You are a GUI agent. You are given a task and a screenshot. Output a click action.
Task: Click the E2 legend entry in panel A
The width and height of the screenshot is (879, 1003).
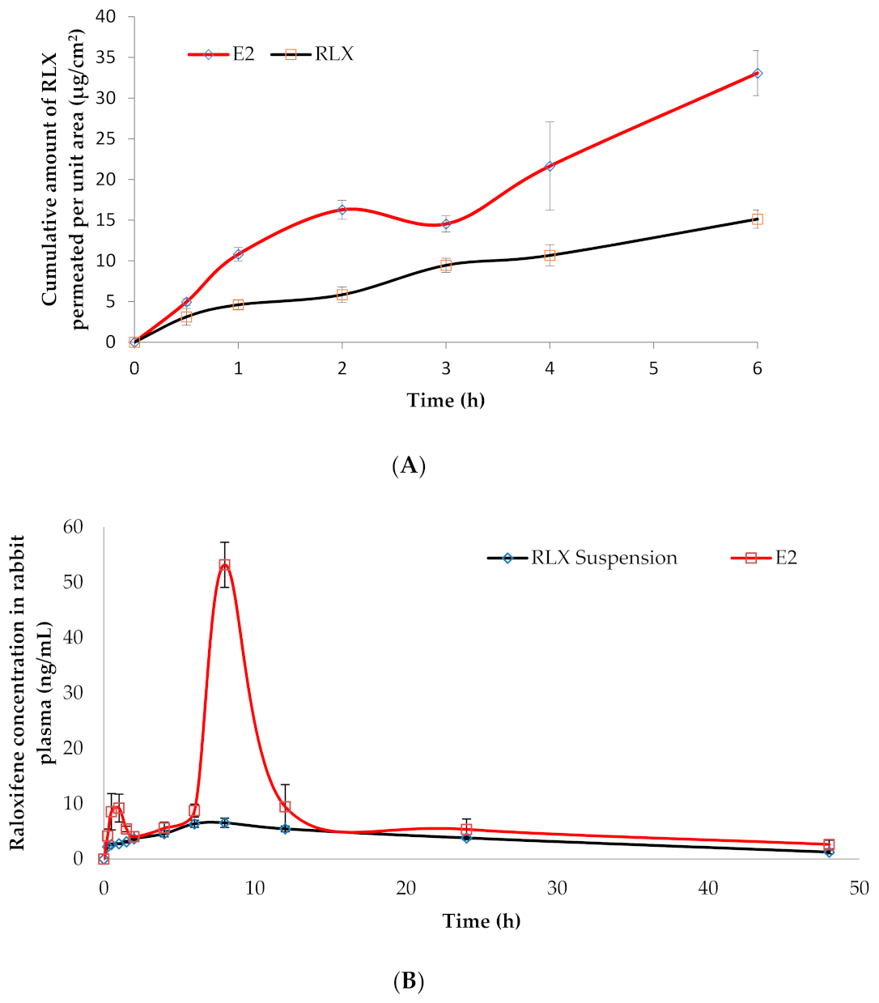point(222,54)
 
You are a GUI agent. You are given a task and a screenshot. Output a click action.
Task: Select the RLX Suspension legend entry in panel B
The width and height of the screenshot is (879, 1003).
point(582,558)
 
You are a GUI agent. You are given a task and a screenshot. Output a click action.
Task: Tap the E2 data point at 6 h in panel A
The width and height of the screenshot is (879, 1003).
point(757,73)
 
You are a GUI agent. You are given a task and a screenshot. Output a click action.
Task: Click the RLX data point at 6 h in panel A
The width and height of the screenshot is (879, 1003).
point(757,219)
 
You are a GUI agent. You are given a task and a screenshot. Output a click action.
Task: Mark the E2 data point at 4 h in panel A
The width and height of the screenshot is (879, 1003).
point(550,166)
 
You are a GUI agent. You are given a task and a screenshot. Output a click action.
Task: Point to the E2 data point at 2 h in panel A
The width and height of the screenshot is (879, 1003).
point(342,210)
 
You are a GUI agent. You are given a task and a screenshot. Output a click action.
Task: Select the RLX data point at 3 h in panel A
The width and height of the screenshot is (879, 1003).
point(446,266)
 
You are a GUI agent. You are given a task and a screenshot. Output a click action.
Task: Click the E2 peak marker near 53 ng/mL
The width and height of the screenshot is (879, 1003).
point(224,565)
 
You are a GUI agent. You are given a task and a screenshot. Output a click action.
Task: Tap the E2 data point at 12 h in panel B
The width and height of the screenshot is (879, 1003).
point(285,806)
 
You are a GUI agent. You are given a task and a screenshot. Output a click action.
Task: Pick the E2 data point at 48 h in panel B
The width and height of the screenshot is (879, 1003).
point(829,844)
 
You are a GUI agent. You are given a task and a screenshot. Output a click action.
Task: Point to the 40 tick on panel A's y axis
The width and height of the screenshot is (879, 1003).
point(106,17)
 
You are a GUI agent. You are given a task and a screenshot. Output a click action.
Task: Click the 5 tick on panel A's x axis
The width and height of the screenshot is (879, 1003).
point(653,369)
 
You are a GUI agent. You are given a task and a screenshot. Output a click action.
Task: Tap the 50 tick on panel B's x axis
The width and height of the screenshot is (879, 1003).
point(860,888)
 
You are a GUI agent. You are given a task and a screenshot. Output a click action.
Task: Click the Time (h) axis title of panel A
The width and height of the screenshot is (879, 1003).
point(445,400)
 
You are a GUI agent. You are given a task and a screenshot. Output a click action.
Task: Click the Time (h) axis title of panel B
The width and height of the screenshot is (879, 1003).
point(481,921)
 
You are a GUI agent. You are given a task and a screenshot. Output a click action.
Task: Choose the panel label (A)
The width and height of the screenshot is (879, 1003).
point(408,465)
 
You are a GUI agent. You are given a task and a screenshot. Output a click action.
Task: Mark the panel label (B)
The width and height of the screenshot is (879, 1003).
point(408,982)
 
